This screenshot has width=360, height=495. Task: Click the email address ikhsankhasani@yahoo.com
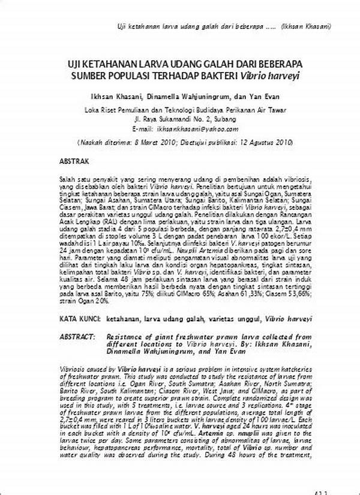coord(196,128)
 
